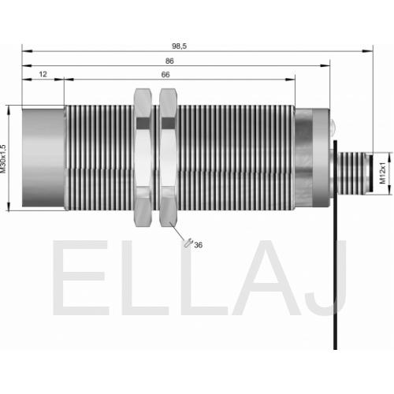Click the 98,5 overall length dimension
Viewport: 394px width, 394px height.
click(180, 46)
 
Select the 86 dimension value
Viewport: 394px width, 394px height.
click(169, 61)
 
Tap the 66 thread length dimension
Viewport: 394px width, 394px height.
click(165, 75)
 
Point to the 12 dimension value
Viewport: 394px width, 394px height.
click(43, 74)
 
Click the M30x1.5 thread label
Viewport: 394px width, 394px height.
click(3, 158)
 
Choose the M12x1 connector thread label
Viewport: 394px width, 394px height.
click(383, 173)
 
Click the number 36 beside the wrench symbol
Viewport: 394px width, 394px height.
click(199, 245)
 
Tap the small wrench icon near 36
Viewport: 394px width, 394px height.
click(188, 243)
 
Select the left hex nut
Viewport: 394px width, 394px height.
click(143, 158)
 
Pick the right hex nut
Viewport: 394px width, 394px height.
click(169, 158)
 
